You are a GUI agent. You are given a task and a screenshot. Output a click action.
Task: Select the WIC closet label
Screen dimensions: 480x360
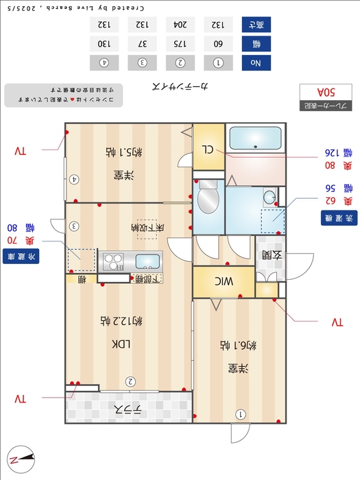coord(224,280)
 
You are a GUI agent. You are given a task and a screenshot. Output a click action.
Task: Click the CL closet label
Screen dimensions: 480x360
coord(208,148)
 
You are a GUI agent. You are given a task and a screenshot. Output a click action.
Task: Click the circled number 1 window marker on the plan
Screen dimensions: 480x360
coord(241,414)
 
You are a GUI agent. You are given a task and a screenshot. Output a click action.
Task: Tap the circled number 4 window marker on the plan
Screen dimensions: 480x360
coord(74,180)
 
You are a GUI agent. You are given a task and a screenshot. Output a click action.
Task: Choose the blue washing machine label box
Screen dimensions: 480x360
coord(338,219)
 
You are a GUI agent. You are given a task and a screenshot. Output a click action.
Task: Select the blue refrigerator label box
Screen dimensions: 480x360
coord(21,256)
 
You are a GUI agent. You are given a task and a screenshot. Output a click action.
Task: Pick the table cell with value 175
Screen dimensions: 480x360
coord(180,43)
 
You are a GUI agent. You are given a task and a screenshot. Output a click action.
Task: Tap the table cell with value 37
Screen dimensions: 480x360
coord(142,43)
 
